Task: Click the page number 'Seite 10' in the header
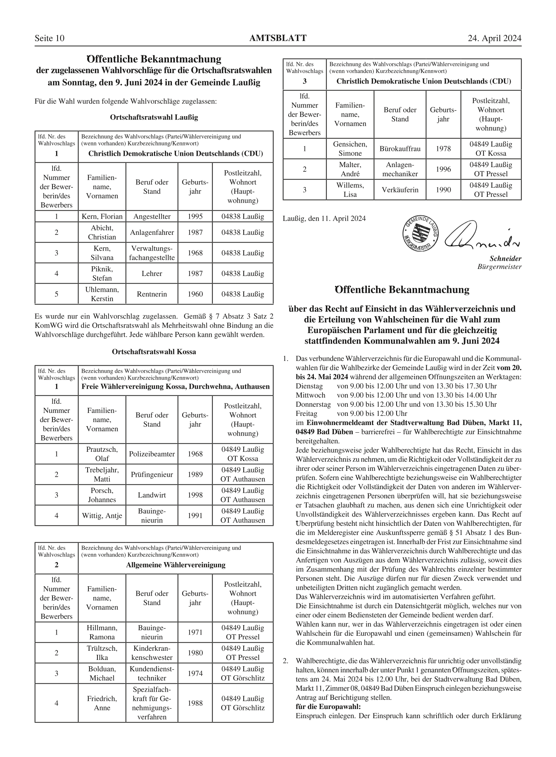tap(49, 38)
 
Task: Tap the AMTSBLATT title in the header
tap(277, 38)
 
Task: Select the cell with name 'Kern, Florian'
tap(102, 217)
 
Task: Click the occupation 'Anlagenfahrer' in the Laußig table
tap(152, 232)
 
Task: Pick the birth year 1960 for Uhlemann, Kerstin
tap(195, 294)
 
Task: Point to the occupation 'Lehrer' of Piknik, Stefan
tap(152, 273)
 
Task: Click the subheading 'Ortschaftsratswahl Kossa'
tap(154, 352)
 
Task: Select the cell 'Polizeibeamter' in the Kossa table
tap(152, 454)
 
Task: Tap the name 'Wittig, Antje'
tap(102, 516)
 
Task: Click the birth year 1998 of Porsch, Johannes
tap(195, 495)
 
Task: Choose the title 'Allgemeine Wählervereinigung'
tap(176, 565)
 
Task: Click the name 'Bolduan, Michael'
tap(102, 673)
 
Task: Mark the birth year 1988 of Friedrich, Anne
tap(195, 703)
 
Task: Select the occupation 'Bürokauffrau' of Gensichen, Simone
tap(400, 149)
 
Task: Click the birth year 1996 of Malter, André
tap(443, 169)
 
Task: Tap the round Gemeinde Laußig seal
tap(421, 234)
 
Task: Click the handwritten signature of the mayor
tap(480, 236)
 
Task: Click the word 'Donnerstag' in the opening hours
tap(313, 405)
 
